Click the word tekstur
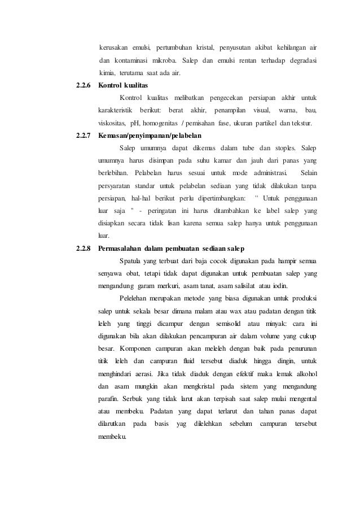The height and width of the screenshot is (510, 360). point(305,122)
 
